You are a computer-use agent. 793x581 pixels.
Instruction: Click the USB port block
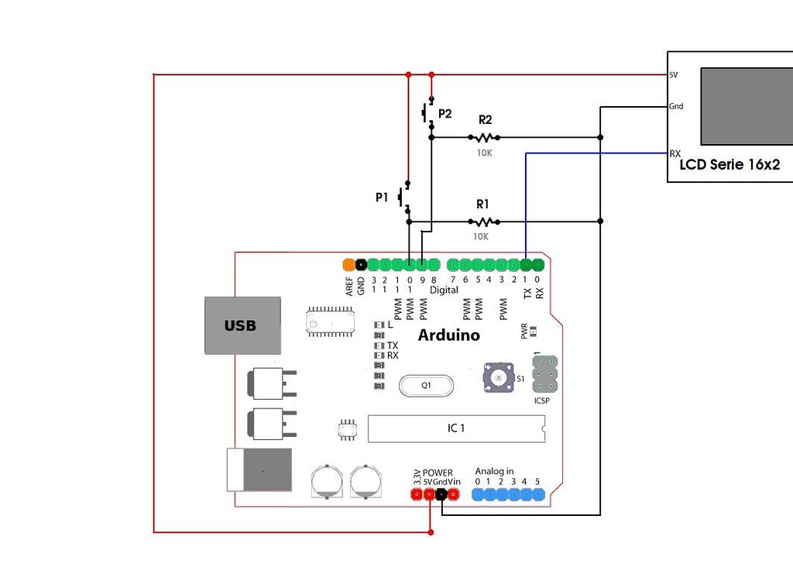[x=240, y=325]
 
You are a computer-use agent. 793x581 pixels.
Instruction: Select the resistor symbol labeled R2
[x=484, y=137]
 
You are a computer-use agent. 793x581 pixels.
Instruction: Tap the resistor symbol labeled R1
[x=482, y=222]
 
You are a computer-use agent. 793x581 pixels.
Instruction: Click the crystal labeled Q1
[x=426, y=385]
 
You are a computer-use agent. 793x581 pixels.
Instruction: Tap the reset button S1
[x=499, y=377]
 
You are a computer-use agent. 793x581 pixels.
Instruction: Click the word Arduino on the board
[x=448, y=335]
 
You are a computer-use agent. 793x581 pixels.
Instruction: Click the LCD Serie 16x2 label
[x=729, y=165]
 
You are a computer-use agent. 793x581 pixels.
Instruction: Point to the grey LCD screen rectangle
[x=747, y=106]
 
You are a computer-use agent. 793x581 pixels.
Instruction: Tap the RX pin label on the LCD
[x=675, y=154]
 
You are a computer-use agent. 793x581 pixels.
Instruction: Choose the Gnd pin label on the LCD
[x=676, y=106]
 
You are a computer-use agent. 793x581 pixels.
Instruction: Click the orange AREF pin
[x=348, y=264]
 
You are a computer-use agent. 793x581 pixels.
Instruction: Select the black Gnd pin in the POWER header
[x=441, y=494]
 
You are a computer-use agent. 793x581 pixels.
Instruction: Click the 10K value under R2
[x=483, y=153]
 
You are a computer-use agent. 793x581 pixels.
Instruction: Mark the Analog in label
[x=494, y=471]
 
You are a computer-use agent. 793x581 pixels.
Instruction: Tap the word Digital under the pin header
[x=444, y=290]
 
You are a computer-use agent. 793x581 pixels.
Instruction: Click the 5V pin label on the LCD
[x=674, y=75]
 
